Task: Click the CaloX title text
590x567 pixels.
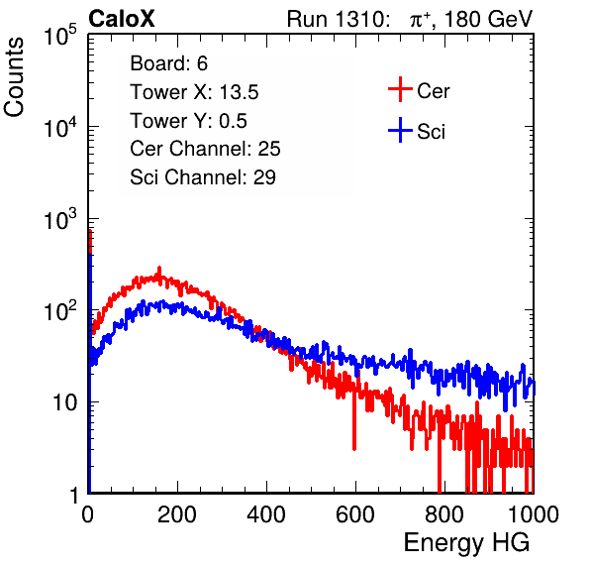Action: pyautogui.click(x=121, y=19)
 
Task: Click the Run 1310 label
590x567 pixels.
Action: pyautogui.click(x=338, y=19)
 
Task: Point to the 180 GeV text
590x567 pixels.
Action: pyautogui.click(x=489, y=19)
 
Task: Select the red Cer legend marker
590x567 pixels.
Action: pyautogui.click(x=400, y=89)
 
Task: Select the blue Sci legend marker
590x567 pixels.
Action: pyautogui.click(x=400, y=130)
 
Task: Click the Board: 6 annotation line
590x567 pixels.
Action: pyautogui.click(x=168, y=63)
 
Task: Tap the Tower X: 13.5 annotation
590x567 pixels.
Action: pyautogui.click(x=194, y=92)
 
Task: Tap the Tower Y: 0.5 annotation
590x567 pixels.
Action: pyautogui.click(x=188, y=121)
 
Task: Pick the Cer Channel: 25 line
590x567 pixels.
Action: pyautogui.click(x=205, y=149)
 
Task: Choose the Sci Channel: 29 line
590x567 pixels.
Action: pyautogui.click(x=203, y=177)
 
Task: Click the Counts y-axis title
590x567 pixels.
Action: pyautogui.click(x=14, y=77)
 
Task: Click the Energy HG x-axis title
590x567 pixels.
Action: pyautogui.click(x=466, y=543)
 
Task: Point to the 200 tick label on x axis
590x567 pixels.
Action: pyautogui.click(x=177, y=514)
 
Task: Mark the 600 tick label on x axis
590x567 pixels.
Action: pyautogui.click(x=355, y=514)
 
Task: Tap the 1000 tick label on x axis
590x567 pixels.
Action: pyautogui.click(x=534, y=514)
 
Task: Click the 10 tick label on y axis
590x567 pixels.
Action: pyautogui.click(x=64, y=402)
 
